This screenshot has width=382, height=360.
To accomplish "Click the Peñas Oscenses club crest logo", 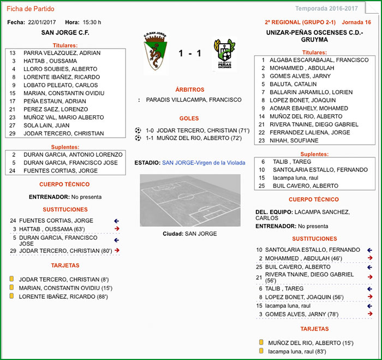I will (224, 55).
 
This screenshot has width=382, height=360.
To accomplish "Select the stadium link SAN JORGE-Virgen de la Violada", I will (204, 163).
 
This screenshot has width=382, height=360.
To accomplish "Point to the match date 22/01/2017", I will (43, 22).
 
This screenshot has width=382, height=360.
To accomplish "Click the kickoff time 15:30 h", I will (92, 22).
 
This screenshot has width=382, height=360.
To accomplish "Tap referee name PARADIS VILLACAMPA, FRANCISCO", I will (194, 100).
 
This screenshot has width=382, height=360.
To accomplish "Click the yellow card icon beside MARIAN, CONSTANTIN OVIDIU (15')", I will (11, 288).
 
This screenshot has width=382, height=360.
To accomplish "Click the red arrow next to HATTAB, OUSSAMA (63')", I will (117, 228).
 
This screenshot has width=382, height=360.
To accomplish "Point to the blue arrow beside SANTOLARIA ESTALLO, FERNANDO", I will (371, 250).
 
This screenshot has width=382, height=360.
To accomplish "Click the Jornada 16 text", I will (356, 22).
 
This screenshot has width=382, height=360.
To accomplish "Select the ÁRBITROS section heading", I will (190, 89).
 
